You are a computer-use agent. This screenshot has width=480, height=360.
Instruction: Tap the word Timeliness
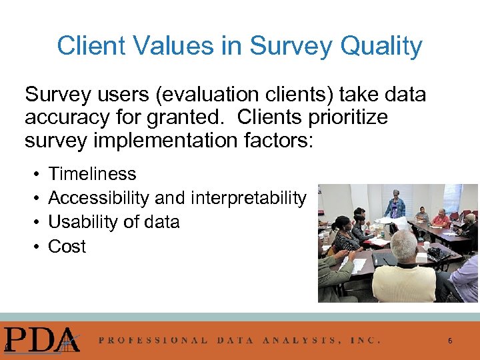pyautogui.click(x=92, y=174)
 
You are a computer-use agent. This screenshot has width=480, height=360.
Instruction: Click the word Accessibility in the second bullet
pyautogui.click(x=99, y=198)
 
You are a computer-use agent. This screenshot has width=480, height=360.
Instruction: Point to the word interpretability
pyautogui.click(x=249, y=198)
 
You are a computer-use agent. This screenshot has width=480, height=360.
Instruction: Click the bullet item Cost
pyautogui.click(x=67, y=247)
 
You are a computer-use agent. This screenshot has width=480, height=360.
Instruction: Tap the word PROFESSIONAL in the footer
pyautogui.click(x=153, y=340)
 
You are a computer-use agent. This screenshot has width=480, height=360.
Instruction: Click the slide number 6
pyautogui.click(x=450, y=341)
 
